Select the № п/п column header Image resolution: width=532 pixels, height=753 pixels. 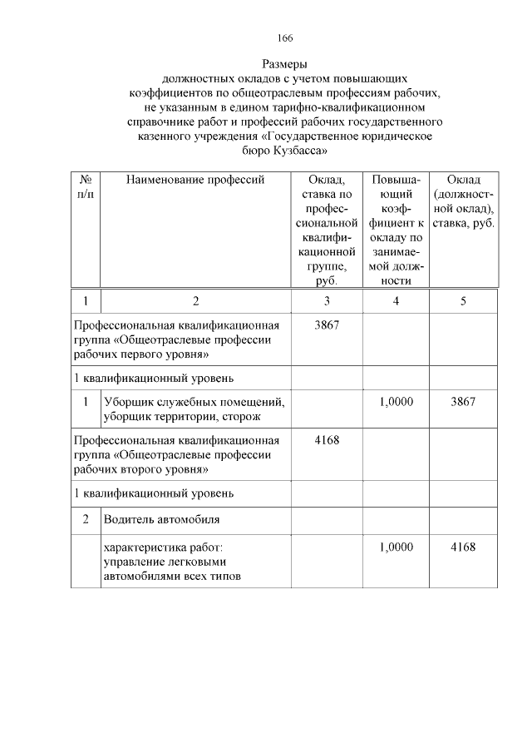pyautogui.click(x=85, y=187)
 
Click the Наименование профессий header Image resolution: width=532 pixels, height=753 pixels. pyautogui.click(x=195, y=181)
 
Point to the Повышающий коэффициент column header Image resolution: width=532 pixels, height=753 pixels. pyautogui.click(x=396, y=230)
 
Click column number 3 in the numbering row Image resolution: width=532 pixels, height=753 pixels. pyautogui.click(x=328, y=300)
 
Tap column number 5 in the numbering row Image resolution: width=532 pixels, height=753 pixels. pyautogui.click(x=463, y=300)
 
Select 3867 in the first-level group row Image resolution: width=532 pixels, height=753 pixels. pyautogui.click(x=328, y=324)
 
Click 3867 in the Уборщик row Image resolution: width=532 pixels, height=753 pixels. pyautogui.click(x=463, y=401)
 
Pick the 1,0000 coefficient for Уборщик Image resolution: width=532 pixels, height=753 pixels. pyautogui.click(x=396, y=401)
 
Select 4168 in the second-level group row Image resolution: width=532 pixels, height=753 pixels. pyautogui.click(x=328, y=439)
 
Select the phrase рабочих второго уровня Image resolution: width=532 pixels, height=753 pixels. pyautogui.click(x=140, y=469)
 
